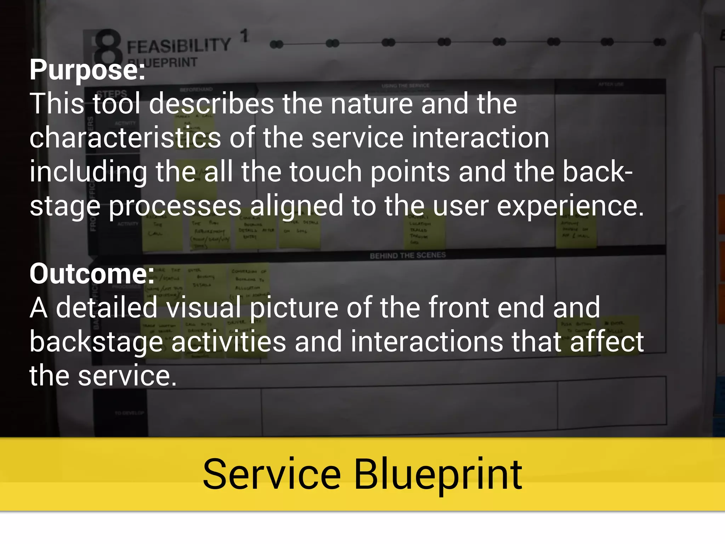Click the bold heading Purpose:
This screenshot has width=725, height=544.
[x=87, y=70]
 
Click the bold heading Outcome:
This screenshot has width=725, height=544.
[x=92, y=274]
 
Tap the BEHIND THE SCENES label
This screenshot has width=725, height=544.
[x=407, y=255]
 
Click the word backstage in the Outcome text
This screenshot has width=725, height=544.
[x=96, y=342]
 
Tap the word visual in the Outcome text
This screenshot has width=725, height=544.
[x=204, y=307]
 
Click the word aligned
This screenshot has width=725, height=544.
[x=297, y=206]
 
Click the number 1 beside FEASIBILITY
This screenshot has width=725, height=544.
[x=244, y=36]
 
